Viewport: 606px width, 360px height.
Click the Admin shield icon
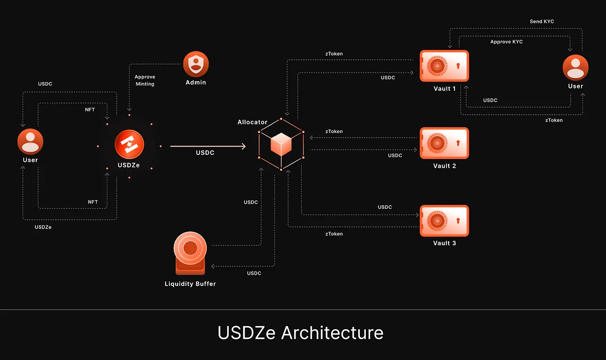coord(196,64)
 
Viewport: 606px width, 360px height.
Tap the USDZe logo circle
coord(129,144)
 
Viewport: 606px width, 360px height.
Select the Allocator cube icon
coord(281,144)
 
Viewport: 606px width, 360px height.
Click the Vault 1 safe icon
coord(444,66)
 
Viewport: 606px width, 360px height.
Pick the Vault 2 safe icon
coord(444,143)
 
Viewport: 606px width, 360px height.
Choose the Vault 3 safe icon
coord(444,220)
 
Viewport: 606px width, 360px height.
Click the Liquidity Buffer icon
coord(190,253)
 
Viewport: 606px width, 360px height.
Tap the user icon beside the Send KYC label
coord(575,67)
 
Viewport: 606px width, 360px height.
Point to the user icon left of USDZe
coord(30,141)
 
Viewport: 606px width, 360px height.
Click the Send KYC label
coord(542,21)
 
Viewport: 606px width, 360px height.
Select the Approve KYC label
coord(506,41)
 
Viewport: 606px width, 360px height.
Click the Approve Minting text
coord(145,80)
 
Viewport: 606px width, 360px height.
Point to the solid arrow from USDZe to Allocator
coord(208,146)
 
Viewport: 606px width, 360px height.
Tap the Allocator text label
coord(252,122)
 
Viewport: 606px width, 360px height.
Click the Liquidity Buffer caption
coord(190,284)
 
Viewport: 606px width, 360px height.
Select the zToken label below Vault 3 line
coord(334,234)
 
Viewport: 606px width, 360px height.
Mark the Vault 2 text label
coord(444,166)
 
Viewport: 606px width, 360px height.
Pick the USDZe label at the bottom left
coord(43,227)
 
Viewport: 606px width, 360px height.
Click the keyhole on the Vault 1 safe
coord(458,66)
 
